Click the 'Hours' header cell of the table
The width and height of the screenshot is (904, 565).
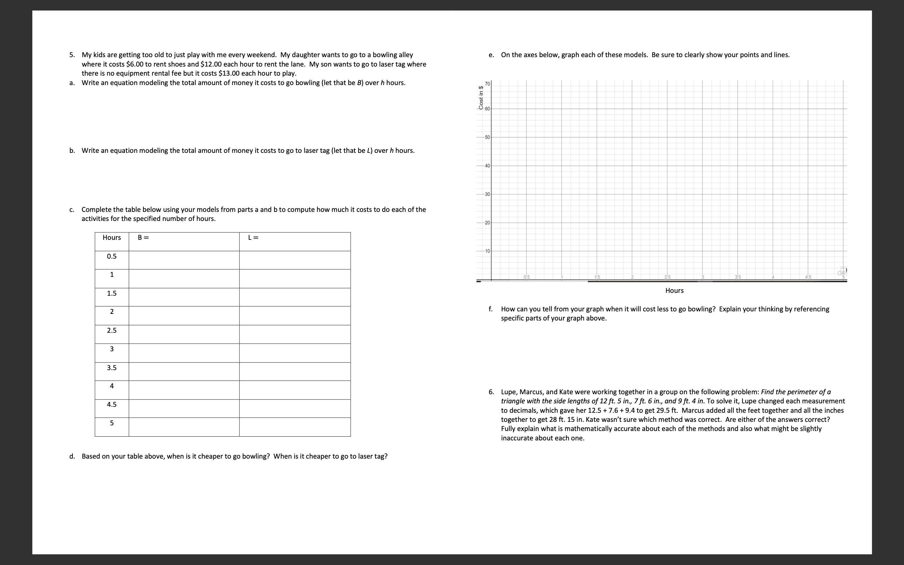click(x=112, y=238)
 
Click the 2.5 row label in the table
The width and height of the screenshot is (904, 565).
click(x=112, y=330)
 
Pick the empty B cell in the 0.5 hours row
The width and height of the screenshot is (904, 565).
click(x=184, y=260)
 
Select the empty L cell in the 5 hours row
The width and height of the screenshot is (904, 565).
click(x=295, y=427)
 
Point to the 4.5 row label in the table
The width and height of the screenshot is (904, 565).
click(x=112, y=404)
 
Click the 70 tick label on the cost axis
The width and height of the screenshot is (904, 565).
click(x=487, y=83)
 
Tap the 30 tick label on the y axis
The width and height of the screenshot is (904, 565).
click(x=487, y=194)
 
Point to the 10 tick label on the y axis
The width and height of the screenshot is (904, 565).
click(x=487, y=251)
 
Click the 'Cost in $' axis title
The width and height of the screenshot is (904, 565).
click(x=481, y=98)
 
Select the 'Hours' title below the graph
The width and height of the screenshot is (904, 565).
click(x=674, y=290)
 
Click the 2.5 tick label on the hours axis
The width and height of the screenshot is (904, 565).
click(x=668, y=277)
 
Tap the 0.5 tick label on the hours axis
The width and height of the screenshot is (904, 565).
click(x=526, y=277)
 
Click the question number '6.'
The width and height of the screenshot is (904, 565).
click(x=491, y=392)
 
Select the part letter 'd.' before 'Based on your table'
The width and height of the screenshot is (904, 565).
click(x=72, y=456)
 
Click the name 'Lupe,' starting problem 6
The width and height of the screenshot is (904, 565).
click(x=509, y=392)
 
